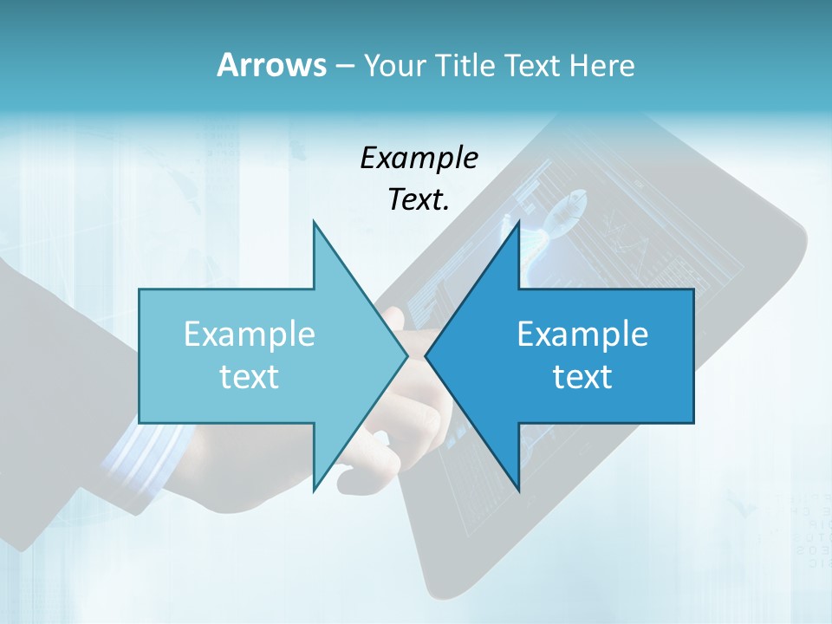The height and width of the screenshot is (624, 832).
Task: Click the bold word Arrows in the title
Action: pos(271,65)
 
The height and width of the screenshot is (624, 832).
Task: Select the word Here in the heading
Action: pos(601,65)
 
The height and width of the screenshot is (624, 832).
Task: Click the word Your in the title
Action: pos(392,65)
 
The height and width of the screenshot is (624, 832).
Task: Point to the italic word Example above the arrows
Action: pos(419,158)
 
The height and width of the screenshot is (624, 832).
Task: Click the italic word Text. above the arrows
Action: pos(419,199)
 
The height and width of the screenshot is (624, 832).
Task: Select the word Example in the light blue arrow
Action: pos(250,335)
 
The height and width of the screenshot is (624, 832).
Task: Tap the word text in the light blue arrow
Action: pos(250,377)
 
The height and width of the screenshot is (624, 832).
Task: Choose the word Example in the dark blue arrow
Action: pos(582,335)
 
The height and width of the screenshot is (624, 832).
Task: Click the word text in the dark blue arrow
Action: pos(582,377)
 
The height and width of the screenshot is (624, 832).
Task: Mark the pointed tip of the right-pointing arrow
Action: pos(407,355)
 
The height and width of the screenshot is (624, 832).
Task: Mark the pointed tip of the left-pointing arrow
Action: pos(426,355)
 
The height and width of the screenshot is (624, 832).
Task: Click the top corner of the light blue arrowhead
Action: pos(314,221)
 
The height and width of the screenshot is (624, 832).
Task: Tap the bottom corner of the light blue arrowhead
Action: pos(314,491)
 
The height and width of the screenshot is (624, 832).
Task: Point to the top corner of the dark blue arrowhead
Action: pos(518,221)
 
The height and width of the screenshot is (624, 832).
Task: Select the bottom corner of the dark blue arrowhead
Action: pos(518,491)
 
